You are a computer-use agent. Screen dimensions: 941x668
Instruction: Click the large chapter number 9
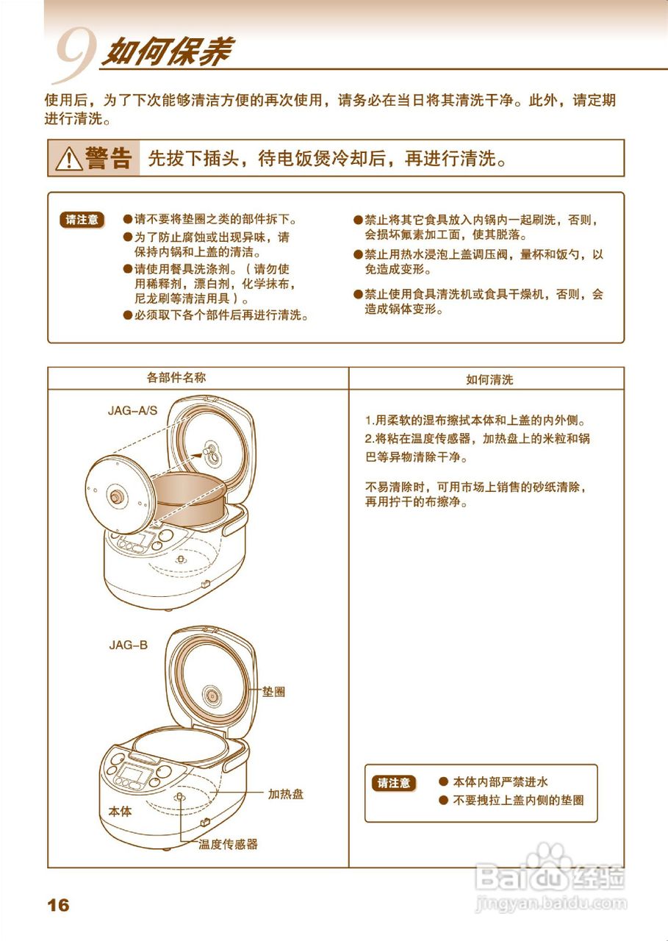pos(73,56)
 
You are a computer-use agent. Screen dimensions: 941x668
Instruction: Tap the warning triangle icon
pos(68,158)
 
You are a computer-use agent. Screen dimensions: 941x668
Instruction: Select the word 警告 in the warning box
pos(109,158)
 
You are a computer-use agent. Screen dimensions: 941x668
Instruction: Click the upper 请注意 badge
pos(82,219)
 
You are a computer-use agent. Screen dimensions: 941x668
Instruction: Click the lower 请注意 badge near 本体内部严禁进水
pos(394,783)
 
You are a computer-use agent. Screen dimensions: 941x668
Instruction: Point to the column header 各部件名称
pos(176,378)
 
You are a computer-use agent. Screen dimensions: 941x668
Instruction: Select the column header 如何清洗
pos(489,380)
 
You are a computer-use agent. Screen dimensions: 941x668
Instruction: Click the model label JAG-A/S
pos(132,410)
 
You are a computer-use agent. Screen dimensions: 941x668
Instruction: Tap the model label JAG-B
pos(129,645)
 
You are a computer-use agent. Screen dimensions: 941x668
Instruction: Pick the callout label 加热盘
pos(286,794)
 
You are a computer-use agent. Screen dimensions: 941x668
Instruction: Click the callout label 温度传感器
pos(229,845)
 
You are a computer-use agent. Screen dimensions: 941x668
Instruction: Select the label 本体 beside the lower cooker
pos(120,812)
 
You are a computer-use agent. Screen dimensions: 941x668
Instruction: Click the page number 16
pos(58,905)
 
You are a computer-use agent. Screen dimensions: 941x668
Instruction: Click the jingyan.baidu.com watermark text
pos(551,902)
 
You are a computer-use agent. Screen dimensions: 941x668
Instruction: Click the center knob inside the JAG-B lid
pos(212,695)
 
